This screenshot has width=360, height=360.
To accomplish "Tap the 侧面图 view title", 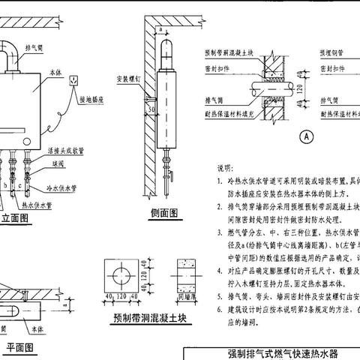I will tap(163, 212).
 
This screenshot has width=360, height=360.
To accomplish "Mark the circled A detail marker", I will tap(305, 137).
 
